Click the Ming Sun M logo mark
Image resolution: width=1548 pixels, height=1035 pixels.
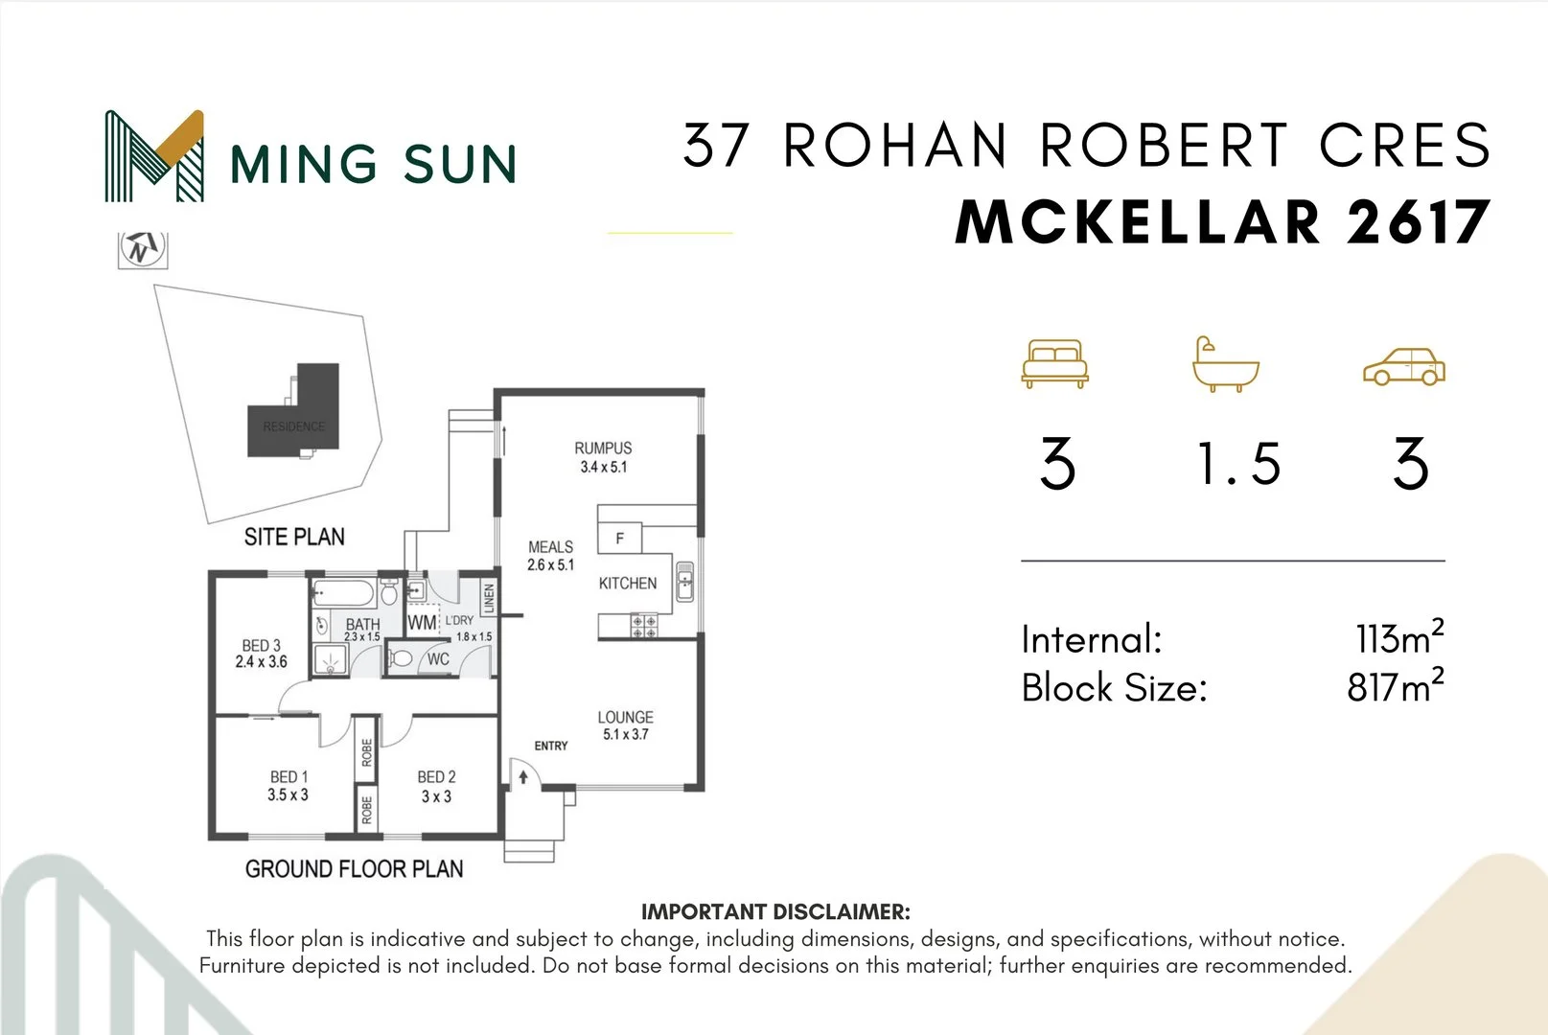pyautogui.click(x=154, y=156)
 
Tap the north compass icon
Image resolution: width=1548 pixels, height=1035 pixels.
pyautogui.click(x=143, y=249)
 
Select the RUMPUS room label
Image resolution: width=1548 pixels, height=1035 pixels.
pyautogui.click(x=603, y=448)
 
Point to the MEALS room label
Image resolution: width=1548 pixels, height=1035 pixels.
pyautogui.click(x=550, y=547)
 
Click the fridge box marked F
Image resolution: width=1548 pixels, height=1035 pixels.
pyautogui.click(x=619, y=539)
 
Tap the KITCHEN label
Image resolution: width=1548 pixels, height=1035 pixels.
pyautogui.click(x=628, y=583)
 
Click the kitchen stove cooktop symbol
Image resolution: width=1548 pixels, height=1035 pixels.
pyautogui.click(x=643, y=627)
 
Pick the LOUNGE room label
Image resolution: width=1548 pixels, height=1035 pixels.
pyautogui.click(x=625, y=717)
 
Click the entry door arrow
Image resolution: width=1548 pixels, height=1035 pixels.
pyautogui.click(x=523, y=776)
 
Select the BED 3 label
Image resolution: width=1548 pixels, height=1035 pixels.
pyautogui.click(x=261, y=645)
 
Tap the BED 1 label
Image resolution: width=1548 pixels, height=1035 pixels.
pyautogui.click(x=289, y=776)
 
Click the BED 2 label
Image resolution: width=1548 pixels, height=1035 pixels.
pyautogui.click(x=436, y=777)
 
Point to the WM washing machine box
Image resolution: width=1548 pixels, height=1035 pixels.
pyautogui.click(x=422, y=622)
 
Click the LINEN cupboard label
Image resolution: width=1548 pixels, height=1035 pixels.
pyautogui.click(x=489, y=599)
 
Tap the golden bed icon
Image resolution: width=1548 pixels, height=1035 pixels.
pyautogui.click(x=1055, y=363)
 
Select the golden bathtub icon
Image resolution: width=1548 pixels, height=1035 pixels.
pyautogui.click(x=1225, y=364)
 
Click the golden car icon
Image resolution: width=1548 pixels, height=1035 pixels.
pyautogui.click(x=1403, y=366)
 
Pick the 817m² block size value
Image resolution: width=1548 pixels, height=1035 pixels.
pyautogui.click(x=1395, y=686)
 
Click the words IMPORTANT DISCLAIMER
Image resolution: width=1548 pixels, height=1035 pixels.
pyautogui.click(x=775, y=911)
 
